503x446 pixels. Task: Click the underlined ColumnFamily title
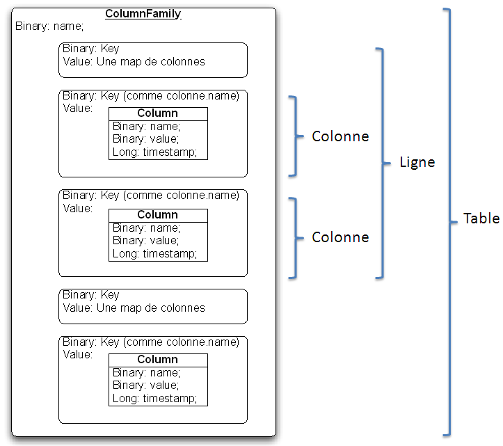(x=143, y=14)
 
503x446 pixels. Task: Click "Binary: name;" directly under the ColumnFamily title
(x=49, y=26)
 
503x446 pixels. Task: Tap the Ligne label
(x=417, y=162)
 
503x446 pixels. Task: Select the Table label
(x=481, y=218)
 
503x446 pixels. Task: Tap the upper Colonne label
(x=340, y=136)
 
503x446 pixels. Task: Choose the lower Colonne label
(x=340, y=237)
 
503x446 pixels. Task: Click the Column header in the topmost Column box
(x=158, y=113)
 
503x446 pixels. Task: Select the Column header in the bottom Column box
(x=158, y=360)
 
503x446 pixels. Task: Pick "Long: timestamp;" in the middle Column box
(x=155, y=253)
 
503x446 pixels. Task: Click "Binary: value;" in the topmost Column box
(x=146, y=139)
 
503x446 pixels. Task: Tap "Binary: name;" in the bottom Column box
(x=146, y=372)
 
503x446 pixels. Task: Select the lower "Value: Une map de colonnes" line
(x=134, y=308)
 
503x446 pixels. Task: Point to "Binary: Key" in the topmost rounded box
(x=91, y=49)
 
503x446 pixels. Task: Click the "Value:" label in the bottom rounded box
(x=77, y=354)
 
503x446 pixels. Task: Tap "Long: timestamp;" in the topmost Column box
(x=155, y=152)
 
